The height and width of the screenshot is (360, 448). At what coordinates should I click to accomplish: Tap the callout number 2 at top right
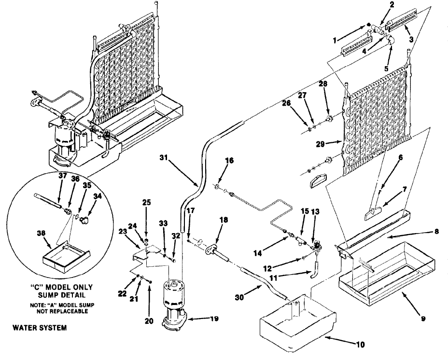click(x=392, y=5)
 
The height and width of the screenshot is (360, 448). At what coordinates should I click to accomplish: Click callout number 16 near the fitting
click(x=228, y=159)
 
